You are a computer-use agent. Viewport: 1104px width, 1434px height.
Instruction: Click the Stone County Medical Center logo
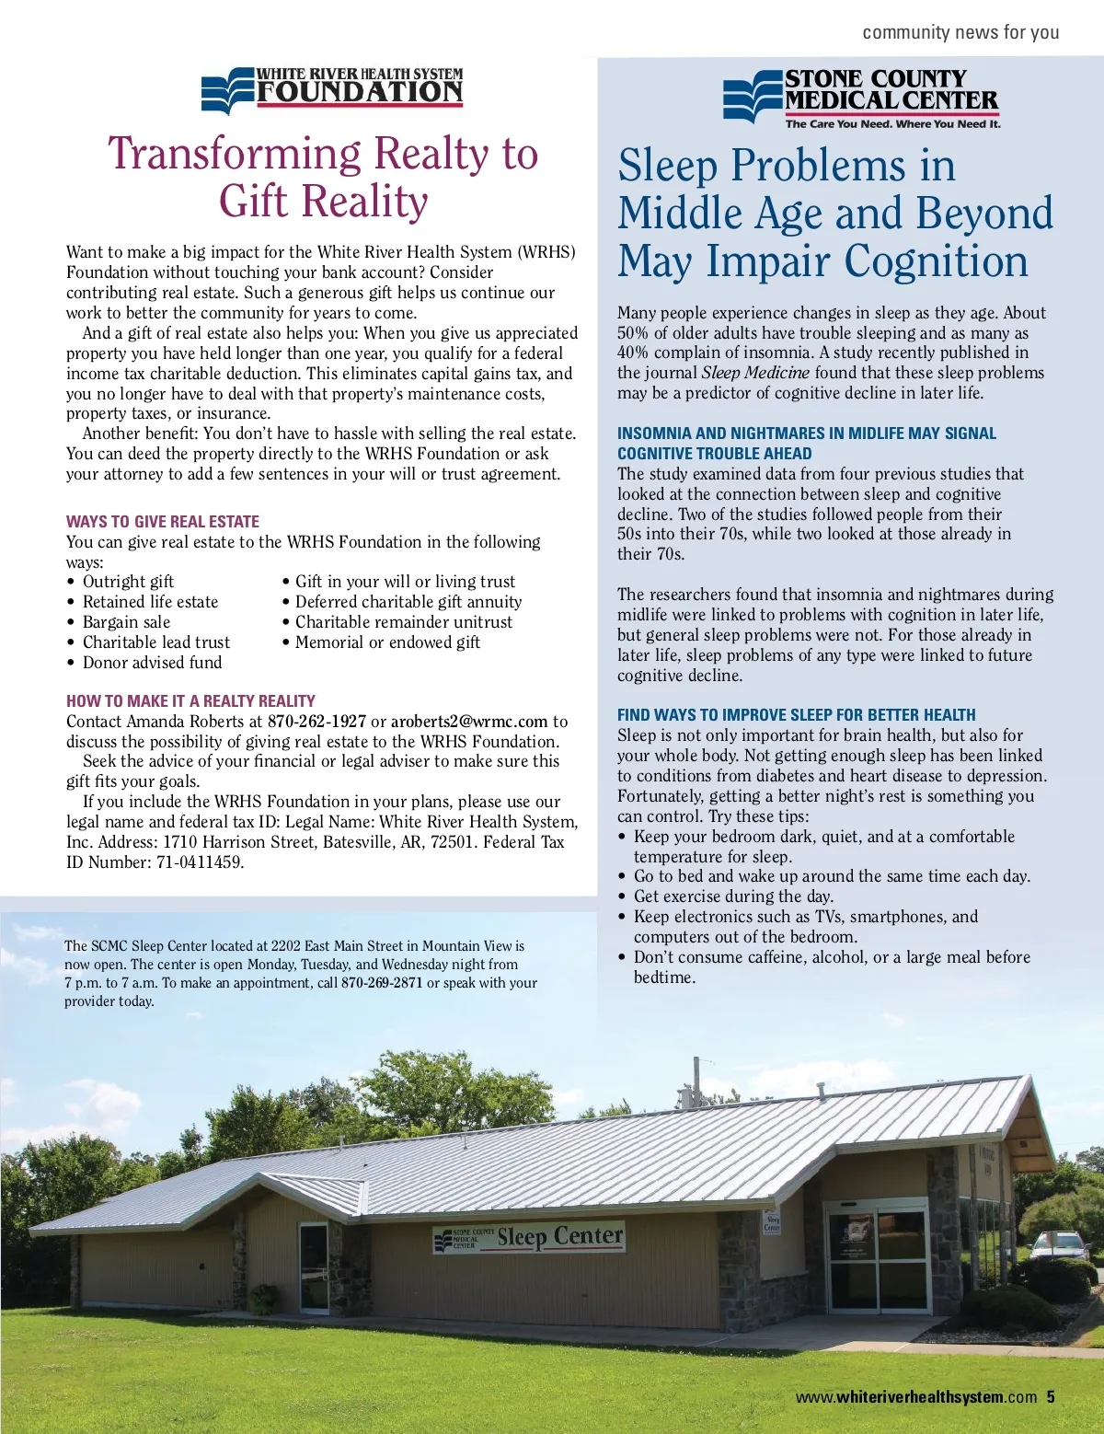click(x=861, y=97)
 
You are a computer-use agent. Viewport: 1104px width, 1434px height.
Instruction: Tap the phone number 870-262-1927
click(x=316, y=722)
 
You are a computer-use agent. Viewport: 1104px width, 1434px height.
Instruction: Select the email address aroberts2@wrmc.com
click(x=469, y=722)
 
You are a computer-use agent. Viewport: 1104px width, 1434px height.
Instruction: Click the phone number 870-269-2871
click(x=382, y=983)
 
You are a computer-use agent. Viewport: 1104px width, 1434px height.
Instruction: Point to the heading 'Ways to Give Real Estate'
click(x=163, y=521)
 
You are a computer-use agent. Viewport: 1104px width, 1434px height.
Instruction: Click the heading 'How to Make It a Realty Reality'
click(x=190, y=700)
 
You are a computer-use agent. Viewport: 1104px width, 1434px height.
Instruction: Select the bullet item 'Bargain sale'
click(x=126, y=622)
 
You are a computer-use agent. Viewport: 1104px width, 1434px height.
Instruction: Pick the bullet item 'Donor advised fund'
click(x=152, y=663)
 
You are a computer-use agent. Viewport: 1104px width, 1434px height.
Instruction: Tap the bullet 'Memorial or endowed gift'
click(x=387, y=642)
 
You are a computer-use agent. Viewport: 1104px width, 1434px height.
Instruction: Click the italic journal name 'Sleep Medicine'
click(x=755, y=373)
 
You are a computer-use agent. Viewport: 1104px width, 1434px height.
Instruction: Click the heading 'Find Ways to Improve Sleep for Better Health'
click(x=797, y=715)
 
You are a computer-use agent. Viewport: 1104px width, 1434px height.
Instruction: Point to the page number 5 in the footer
click(x=1051, y=1397)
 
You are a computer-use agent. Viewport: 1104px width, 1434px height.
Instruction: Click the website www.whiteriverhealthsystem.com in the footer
click(x=916, y=1397)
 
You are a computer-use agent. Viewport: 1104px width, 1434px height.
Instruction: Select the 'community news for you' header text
click(x=960, y=32)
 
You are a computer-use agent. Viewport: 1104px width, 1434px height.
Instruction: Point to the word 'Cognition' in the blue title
click(x=936, y=261)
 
